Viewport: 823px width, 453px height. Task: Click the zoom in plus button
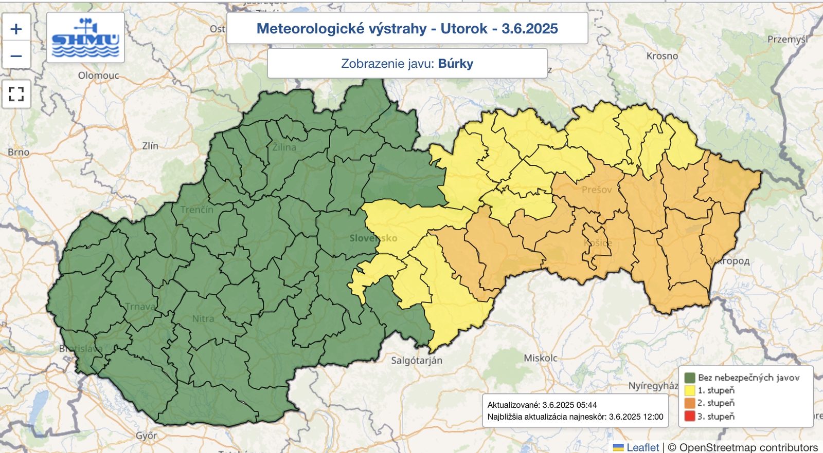pos(16,29)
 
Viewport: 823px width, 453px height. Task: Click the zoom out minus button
pos(16,55)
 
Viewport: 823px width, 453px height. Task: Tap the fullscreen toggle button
pos(16,93)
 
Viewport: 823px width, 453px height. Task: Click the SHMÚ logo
pos(85,38)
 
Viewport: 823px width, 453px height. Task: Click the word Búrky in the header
pos(455,64)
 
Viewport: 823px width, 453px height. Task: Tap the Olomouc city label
pos(98,75)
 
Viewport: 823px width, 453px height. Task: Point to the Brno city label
pos(19,152)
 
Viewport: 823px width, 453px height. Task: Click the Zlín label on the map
pos(150,146)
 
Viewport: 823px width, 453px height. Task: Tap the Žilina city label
pos(284,147)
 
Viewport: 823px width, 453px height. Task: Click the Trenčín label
pos(196,210)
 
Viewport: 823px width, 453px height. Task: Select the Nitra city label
pos(203,318)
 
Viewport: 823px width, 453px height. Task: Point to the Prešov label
pos(597,190)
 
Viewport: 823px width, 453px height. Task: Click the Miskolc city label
pos(540,358)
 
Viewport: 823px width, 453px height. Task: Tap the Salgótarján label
pos(416,361)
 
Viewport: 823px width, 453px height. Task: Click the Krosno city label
pos(662,56)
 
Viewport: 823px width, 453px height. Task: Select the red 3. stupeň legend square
pos(690,416)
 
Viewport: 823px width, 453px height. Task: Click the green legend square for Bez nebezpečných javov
pos(690,377)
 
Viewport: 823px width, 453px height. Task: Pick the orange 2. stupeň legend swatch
pos(690,403)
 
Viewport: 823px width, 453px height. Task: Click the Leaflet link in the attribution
pos(642,447)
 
